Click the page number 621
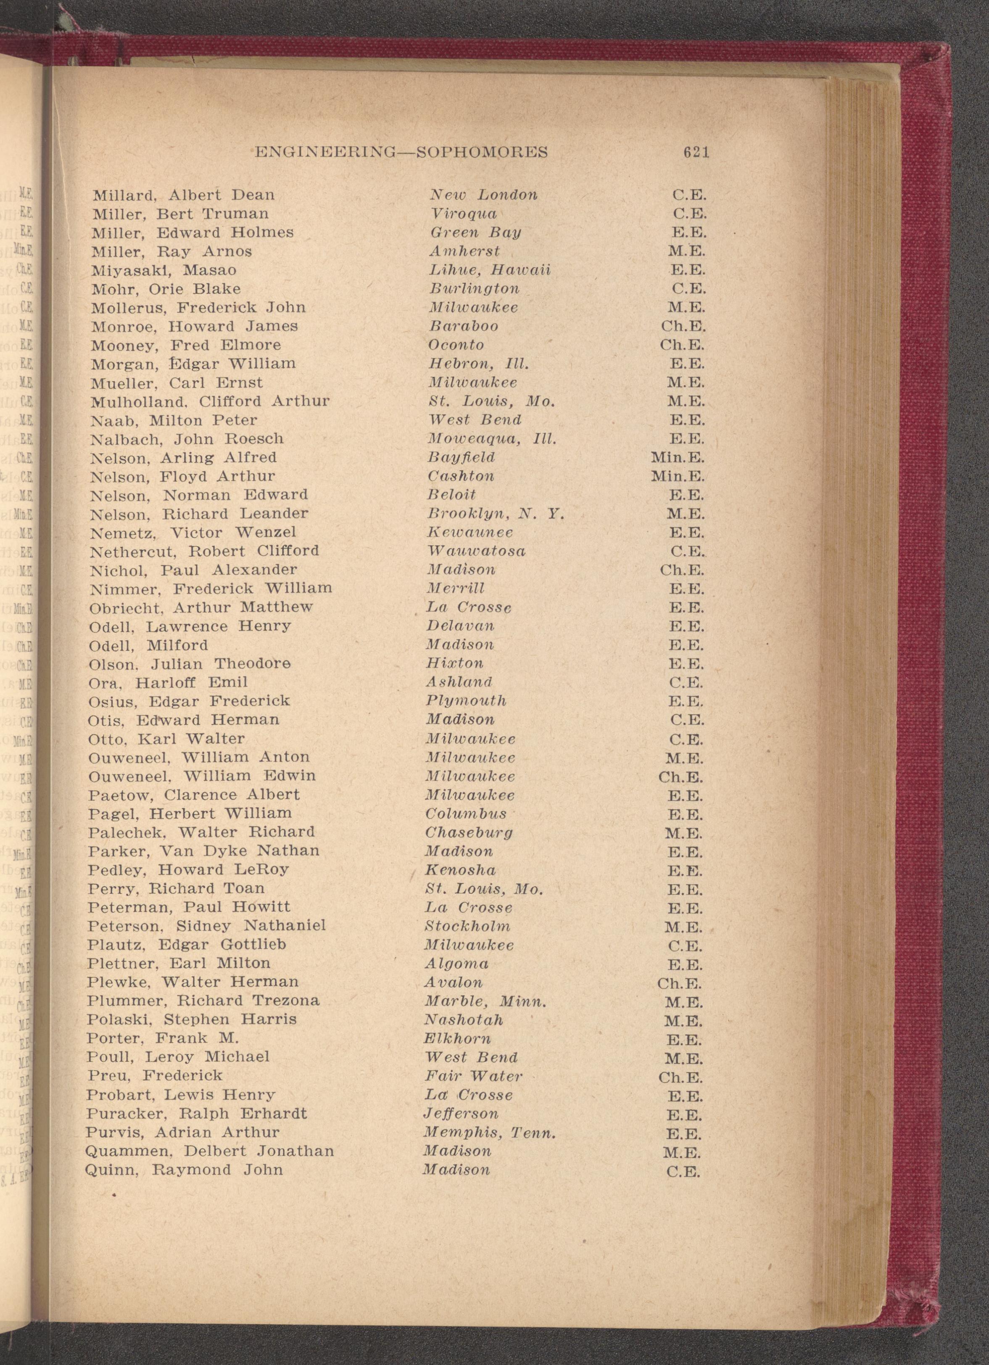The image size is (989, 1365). tap(696, 152)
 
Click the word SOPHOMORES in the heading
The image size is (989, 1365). tap(482, 152)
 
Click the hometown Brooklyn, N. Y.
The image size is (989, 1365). tap(496, 514)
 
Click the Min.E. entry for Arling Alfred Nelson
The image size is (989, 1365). tap(678, 458)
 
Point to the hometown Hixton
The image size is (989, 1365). tap(455, 664)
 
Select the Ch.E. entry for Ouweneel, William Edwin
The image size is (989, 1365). tap(681, 777)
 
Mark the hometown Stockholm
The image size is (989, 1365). tap(467, 926)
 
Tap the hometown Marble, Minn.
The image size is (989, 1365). tap(485, 1001)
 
